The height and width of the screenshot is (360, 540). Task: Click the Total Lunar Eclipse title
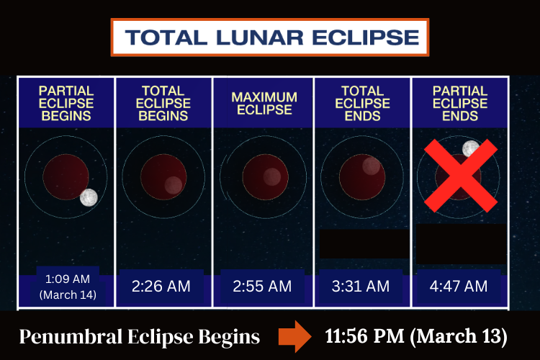click(x=272, y=37)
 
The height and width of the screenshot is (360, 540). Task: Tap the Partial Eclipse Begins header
click(x=66, y=104)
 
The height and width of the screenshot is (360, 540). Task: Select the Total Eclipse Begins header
click(x=163, y=104)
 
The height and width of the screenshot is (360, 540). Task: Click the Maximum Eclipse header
click(x=264, y=104)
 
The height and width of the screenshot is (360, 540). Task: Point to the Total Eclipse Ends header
click(x=362, y=104)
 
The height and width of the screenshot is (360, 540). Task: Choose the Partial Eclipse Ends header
click(x=460, y=104)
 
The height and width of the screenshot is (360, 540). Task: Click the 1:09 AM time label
click(x=68, y=279)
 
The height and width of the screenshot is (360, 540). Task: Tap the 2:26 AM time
click(x=161, y=287)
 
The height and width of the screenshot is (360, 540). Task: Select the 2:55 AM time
click(x=262, y=287)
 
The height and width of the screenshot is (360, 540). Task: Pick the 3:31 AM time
click(x=361, y=287)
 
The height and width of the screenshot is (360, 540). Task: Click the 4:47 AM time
click(x=459, y=287)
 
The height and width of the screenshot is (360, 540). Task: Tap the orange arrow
click(x=295, y=336)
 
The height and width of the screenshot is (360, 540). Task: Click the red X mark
click(x=461, y=176)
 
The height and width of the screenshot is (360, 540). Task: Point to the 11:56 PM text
click(x=365, y=336)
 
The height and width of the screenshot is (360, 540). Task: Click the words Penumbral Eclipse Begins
click(x=140, y=337)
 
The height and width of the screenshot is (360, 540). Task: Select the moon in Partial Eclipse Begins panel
click(x=89, y=197)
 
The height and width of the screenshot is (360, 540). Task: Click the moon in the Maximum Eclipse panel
click(x=272, y=177)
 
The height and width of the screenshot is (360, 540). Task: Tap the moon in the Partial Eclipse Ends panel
click(x=470, y=149)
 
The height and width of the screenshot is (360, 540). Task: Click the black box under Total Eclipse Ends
click(x=365, y=244)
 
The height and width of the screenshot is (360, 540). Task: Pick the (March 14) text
click(x=68, y=295)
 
